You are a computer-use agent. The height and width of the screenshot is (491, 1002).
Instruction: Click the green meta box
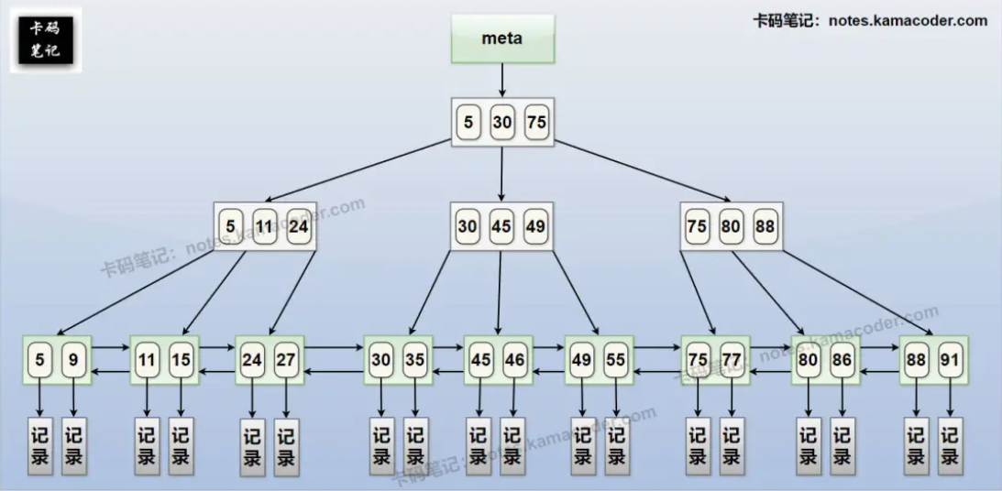pyautogui.click(x=502, y=38)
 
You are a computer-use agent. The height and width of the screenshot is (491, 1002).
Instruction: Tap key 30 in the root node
pyautogui.click(x=502, y=123)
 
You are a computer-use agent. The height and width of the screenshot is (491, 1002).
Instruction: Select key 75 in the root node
pyautogui.click(x=536, y=123)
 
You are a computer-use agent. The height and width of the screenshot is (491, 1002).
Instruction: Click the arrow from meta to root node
pyautogui.click(x=502, y=80)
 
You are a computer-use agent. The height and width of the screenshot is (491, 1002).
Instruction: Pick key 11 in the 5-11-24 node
pyautogui.click(x=265, y=226)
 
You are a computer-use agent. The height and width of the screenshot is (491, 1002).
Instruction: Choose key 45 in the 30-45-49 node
pyautogui.click(x=501, y=226)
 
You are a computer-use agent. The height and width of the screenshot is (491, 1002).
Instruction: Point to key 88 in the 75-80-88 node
pyautogui.click(x=765, y=226)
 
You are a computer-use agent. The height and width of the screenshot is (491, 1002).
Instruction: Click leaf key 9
pyautogui.click(x=74, y=360)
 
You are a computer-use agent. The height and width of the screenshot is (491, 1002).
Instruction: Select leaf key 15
pyautogui.click(x=182, y=360)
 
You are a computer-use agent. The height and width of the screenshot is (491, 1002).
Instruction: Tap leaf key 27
pyautogui.click(x=286, y=360)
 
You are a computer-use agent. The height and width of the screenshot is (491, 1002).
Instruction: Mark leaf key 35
pyautogui.click(x=415, y=360)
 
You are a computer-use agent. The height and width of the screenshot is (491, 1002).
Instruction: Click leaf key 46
pyautogui.click(x=515, y=360)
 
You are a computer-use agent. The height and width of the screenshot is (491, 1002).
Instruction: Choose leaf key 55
pyautogui.click(x=615, y=360)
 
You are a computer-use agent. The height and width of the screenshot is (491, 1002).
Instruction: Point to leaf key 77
pyautogui.click(x=731, y=360)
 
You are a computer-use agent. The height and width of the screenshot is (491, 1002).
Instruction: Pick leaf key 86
pyautogui.click(x=842, y=360)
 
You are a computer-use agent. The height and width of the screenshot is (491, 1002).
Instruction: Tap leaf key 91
pyautogui.click(x=950, y=360)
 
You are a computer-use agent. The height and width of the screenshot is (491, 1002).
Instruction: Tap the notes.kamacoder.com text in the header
pyautogui.click(x=908, y=20)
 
